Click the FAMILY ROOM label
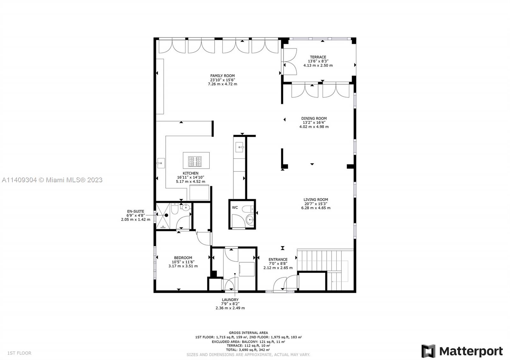point(222,76)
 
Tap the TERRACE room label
point(318,57)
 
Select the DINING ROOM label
point(314,118)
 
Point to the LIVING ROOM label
point(316,199)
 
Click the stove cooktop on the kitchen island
point(195,162)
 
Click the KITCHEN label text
point(190,173)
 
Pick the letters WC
point(235,208)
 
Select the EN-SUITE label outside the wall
point(135,211)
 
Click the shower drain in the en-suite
point(166,215)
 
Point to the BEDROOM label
point(183,258)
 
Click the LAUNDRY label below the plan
point(230,300)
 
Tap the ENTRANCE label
point(278,259)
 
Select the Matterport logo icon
point(428,351)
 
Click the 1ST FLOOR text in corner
point(19,353)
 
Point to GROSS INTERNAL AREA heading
point(248,333)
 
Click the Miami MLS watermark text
point(52,180)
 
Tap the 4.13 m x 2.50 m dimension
point(318,65)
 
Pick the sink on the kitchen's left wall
point(161,163)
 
